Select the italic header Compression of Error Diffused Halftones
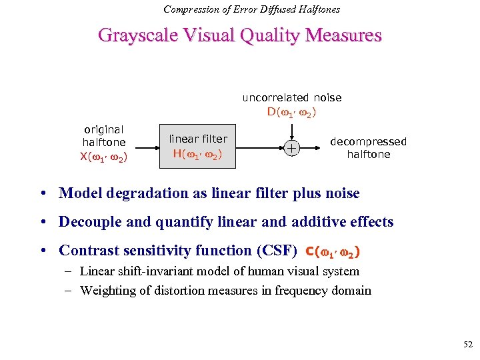point(252,9)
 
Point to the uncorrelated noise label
point(292,98)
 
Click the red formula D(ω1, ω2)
point(292,111)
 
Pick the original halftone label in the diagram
point(104,136)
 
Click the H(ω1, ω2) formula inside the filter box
point(198,154)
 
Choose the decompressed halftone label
point(368,148)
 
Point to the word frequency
point(294,290)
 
